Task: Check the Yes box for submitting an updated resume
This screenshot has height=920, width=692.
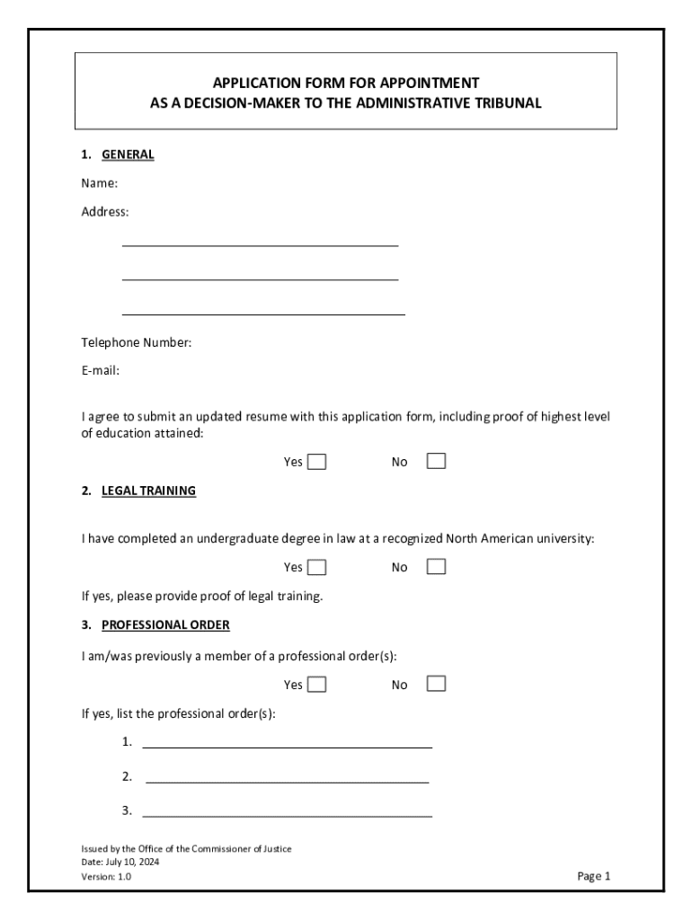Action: point(316,462)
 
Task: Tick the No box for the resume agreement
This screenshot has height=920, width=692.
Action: point(436,461)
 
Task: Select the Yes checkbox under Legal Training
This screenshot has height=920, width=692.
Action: point(316,567)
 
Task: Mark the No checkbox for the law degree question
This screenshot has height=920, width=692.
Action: point(436,566)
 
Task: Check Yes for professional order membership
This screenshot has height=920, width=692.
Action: point(316,685)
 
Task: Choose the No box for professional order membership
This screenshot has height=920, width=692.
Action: point(436,684)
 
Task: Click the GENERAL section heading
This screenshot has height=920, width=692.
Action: point(128,155)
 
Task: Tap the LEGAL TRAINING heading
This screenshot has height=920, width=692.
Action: point(148,491)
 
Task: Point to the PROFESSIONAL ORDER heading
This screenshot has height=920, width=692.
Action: point(165,624)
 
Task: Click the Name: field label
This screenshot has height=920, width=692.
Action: point(100,183)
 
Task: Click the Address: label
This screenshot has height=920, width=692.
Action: point(105,212)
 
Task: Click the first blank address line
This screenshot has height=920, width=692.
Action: point(260,243)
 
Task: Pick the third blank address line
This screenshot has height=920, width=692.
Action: point(263,313)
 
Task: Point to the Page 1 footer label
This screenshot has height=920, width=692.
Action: point(594,876)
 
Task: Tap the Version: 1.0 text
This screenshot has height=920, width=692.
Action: point(106,876)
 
